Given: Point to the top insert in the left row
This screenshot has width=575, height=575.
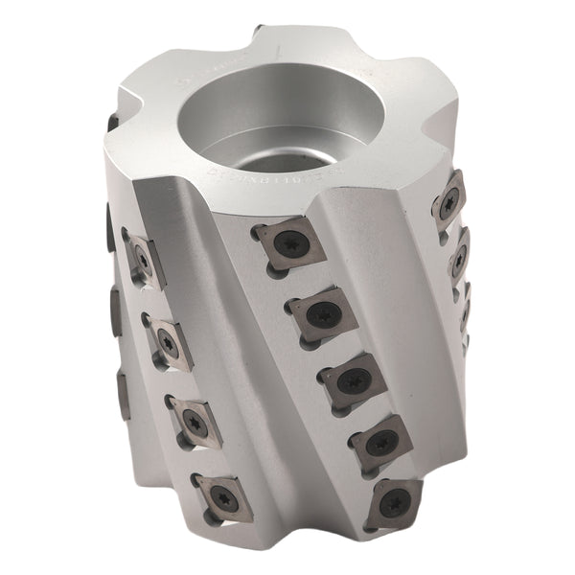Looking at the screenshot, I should coord(142,257).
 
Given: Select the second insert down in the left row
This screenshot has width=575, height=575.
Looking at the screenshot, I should coord(167,339).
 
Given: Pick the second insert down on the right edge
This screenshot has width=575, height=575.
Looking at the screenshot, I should coord(459,257).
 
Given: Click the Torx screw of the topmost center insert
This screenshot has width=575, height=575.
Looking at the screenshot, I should coord(286,242).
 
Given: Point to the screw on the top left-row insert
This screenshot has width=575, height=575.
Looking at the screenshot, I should coord(142,257).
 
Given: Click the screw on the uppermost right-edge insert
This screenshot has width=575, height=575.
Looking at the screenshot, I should coord(448,201).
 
